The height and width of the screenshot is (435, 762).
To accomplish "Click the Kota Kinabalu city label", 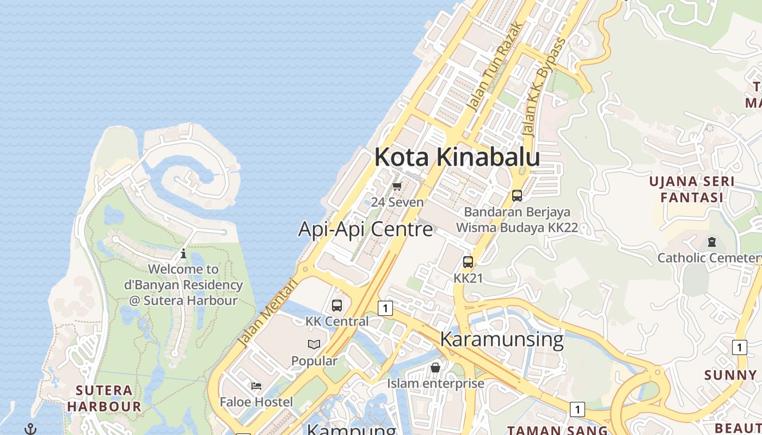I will pyautogui.click(x=457, y=157).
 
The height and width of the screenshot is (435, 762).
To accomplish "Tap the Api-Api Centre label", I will pyautogui.click(x=365, y=229).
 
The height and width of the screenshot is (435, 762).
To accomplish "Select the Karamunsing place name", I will pyautogui.click(x=501, y=339).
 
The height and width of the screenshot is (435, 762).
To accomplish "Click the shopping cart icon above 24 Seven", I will pyautogui.click(x=397, y=187).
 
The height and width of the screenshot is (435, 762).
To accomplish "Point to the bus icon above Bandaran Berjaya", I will pyautogui.click(x=517, y=196).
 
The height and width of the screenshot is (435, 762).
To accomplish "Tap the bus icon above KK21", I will pyautogui.click(x=468, y=262).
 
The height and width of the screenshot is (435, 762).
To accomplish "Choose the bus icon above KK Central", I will pyautogui.click(x=337, y=306).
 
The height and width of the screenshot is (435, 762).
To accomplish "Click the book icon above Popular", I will pyautogui.click(x=314, y=344).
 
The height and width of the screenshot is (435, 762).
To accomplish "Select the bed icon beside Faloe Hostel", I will pyautogui.click(x=256, y=386).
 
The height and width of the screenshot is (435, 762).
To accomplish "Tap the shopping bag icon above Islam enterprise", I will pyautogui.click(x=435, y=368).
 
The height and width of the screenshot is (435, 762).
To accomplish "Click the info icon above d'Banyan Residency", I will pyautogui.click(x=183, y=253).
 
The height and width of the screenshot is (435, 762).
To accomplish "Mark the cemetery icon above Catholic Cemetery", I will pyautogui.click(x=711, y=242).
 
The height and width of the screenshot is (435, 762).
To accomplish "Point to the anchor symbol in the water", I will pyautogui.click(x=31, y=429).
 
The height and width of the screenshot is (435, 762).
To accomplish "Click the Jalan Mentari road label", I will pyautogui.click(x=268, y=313).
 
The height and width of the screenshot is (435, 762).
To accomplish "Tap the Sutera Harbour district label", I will pyautogui.click(x=104, y=398).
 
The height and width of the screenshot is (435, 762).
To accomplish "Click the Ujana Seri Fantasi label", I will pyautogui.click(x=692, y=189).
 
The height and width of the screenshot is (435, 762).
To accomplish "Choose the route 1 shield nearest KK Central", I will pyautogui.click(x=385, y=308).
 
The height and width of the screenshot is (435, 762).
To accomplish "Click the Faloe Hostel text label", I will pyautogui.click(x=256, y=402).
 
